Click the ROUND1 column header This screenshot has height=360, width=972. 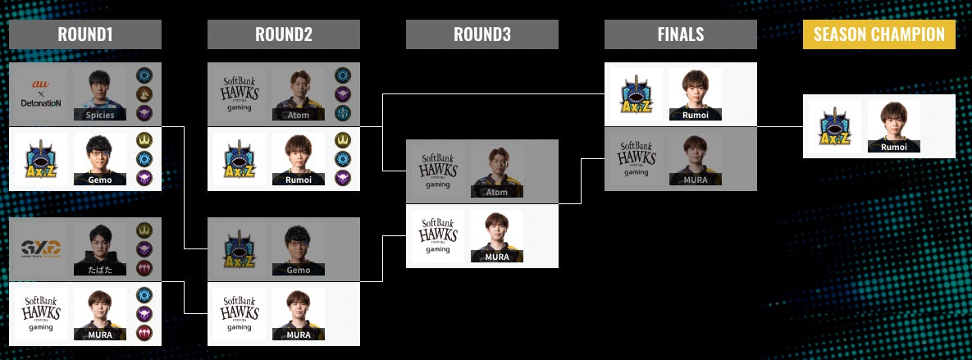pos(85,34)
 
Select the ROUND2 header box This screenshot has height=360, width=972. pos(284,34)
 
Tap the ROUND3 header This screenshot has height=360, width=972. pos(482,34)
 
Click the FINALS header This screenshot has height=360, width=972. pos(681,34)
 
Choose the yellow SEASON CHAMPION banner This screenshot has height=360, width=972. pos(879,34)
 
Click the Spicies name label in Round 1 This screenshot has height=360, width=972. pos(100,116)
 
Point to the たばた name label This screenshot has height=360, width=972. pos(100,269)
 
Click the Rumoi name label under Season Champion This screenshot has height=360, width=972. pos(894,147)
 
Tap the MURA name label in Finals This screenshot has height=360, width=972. pos(696,179)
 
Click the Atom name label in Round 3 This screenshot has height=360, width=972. pos(497,192)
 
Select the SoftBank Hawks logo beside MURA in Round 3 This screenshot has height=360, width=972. pos(436,236)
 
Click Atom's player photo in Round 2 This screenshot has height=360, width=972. pos(299,90)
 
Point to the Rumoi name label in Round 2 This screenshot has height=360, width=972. pos(299,179)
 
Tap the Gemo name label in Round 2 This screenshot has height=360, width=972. pos(299,269)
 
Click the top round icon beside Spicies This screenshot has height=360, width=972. pos(144,75)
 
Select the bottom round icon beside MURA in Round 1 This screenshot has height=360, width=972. pos(144,332)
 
